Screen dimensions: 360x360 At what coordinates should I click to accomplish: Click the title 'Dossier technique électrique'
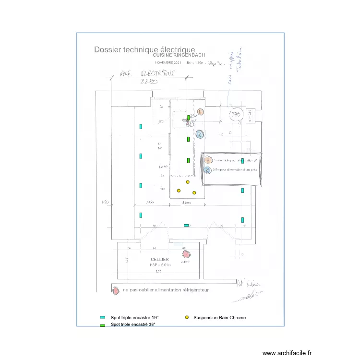[144, 49]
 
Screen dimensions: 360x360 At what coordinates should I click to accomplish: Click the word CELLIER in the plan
[160, 259]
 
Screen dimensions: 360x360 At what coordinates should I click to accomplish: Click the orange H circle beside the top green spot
[200, 112]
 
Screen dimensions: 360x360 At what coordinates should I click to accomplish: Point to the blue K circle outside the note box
[200, 134]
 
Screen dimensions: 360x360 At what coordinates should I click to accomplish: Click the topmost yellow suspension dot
[188, 181]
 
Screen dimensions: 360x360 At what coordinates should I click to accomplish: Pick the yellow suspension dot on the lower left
[179, 191]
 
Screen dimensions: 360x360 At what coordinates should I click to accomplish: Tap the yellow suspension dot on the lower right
[194, 193]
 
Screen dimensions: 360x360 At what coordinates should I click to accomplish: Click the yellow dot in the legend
[187, 317]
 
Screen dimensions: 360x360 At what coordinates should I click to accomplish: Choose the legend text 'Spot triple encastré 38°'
[133, 325]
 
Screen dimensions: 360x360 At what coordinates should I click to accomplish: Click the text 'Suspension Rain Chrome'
[219, 318]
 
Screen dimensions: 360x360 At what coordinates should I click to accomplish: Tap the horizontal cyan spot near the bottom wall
[186, 225]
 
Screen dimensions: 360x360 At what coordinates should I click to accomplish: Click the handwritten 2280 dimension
[148, 82]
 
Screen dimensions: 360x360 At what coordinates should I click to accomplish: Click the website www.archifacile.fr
[287, 353]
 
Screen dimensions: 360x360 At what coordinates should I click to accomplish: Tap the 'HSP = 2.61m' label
[160, 264]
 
